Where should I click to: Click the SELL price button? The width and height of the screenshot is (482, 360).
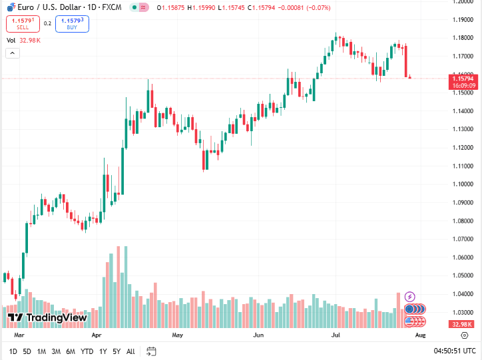pos(23,24)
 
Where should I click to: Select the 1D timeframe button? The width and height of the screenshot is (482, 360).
pos(13,351)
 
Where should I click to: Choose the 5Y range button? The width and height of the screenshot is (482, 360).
pos(117,351)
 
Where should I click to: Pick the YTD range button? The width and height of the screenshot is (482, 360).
pos(87,351)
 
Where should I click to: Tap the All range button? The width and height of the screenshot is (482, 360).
pos(130,351)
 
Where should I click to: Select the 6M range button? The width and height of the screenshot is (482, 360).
pos(70,351)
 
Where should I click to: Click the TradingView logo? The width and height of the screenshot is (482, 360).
pos(47,318)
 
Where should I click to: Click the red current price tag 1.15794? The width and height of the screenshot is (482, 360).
pos(462,78)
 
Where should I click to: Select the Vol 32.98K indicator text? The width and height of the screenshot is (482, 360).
pos(23,41)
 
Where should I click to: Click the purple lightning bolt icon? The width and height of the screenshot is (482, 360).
pos(410,297)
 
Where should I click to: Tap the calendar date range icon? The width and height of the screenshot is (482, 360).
pos(151,351)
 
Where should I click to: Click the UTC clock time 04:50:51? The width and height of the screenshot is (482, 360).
pos(455,351)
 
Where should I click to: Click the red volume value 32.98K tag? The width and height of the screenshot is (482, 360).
pos(461,324)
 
